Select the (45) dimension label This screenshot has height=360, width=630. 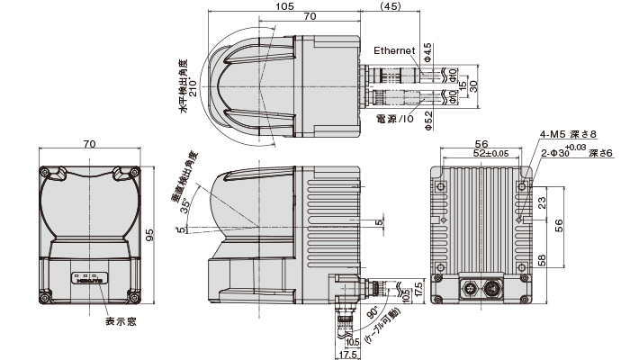[391, 6]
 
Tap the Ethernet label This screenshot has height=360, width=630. [392, 50]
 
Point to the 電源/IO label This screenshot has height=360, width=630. [393, 118]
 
